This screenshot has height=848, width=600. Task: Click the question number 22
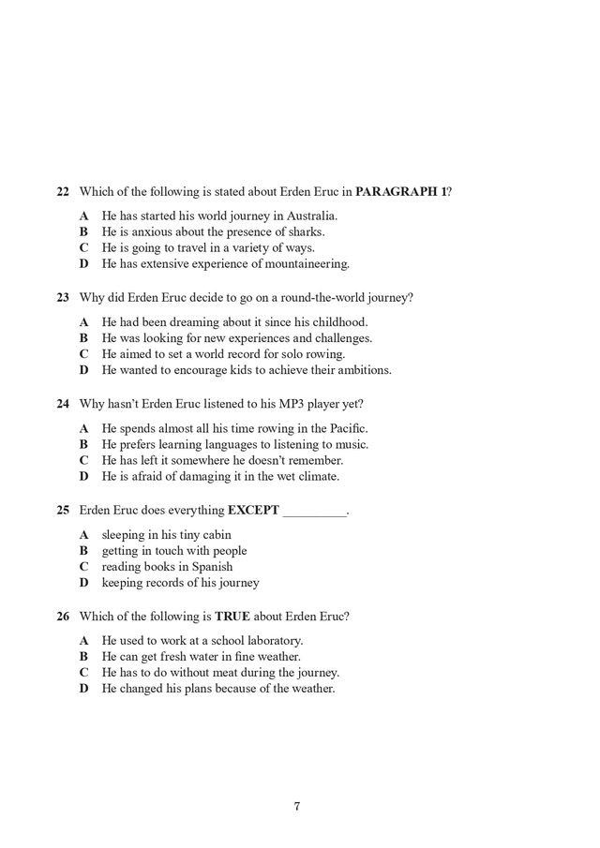[63, 192]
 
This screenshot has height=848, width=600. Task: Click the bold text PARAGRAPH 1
[401, 192]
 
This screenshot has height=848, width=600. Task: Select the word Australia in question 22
[311, 216]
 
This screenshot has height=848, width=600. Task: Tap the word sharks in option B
[306, 232]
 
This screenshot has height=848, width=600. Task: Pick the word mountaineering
[304, 264]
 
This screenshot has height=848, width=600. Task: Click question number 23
[63, 298]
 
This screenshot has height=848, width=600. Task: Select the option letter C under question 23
[83, 354]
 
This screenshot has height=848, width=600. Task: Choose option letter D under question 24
[83, 476]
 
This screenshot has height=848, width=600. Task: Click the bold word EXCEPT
[253, 510]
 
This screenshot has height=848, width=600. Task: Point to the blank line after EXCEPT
[314, 512]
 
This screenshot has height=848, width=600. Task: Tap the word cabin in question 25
[214, 534]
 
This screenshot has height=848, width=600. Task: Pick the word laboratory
[270, 641]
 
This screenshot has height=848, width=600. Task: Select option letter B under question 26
[83, 657]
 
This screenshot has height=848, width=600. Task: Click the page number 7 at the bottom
[296, 806]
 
